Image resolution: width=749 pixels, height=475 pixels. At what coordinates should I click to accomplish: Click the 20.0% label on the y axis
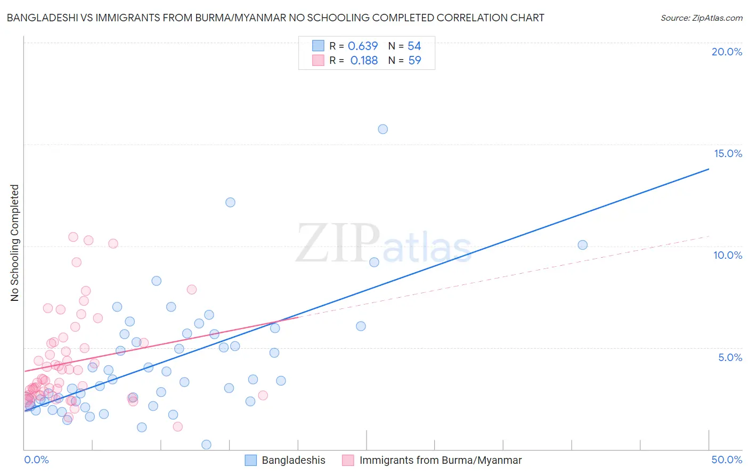(727, 52)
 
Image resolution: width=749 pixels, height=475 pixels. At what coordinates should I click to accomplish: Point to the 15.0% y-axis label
(728, 153)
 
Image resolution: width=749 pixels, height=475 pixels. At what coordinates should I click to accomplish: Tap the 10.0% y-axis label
(728, 255)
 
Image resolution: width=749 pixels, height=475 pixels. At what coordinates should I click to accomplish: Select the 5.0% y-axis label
(730, 357)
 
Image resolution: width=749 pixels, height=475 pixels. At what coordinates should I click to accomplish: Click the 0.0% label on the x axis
(36, 460)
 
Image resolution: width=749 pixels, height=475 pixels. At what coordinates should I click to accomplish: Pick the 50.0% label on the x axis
(727, 460)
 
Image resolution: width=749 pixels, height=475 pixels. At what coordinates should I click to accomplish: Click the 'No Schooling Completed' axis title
(14, 243)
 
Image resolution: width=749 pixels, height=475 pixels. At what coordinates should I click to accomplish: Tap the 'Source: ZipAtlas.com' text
(701, 18)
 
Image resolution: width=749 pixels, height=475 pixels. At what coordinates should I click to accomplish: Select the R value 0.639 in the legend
(363, 46)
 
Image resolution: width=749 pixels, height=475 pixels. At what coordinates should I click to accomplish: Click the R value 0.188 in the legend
(364, 60)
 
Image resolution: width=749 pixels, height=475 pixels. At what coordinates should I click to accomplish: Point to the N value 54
(414, 46)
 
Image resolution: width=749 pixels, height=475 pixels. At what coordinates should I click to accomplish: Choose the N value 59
(414, 60)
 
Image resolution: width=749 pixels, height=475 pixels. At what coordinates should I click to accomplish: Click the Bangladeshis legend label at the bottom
(294, 460)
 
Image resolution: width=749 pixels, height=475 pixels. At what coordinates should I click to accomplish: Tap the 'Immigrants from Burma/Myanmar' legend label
(441, 460)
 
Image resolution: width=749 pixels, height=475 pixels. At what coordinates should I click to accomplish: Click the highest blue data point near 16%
(382, 129)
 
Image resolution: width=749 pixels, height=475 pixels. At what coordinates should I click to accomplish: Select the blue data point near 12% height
(230, 202)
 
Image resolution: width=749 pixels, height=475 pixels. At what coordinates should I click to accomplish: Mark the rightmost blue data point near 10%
(582, 245)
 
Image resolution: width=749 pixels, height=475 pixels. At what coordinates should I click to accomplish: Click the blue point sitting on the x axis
(206, 445)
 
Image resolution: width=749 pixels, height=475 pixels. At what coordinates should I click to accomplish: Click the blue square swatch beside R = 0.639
(318, 46)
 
